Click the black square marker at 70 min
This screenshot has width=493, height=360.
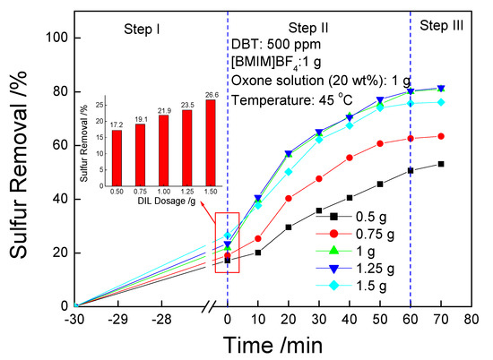click(x=440, y=164)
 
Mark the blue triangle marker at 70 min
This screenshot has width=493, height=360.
click(x=440, y=88)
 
